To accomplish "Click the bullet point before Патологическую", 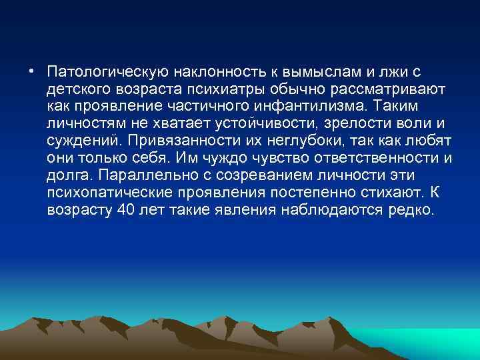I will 31,71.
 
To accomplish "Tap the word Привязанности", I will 197,141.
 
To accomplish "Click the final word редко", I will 411,211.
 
